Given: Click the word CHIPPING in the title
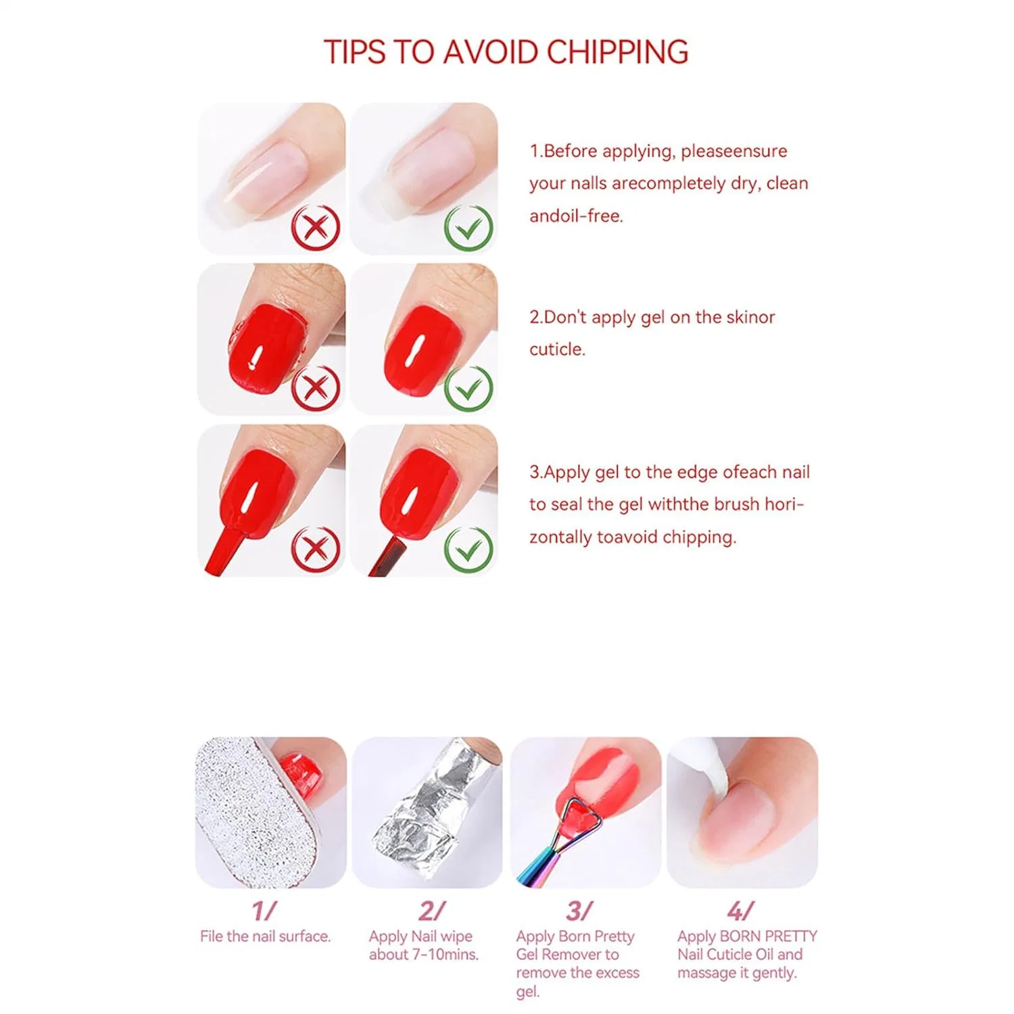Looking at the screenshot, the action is click(617, 52).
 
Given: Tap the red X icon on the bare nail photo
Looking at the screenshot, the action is click(316, 227).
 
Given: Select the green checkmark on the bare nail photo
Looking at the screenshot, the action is click(468, 227).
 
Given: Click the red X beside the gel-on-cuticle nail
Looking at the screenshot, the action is click(316, 387).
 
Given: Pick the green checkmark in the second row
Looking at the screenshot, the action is click(468, 387).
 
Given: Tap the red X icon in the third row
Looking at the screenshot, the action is click(316, 549).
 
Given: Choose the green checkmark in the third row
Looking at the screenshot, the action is click(468, 549).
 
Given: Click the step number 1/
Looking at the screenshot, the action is click(264, 911).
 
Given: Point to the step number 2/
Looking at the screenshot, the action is click(431, 911).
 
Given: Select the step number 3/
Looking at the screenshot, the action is click(579, 911).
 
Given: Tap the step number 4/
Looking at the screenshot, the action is click(741, 911).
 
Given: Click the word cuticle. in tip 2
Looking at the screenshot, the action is click(557, 349).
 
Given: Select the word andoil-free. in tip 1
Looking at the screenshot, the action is click(576, 216).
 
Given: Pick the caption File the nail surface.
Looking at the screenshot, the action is click(265, 936).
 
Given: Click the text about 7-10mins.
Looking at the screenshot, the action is click(424, 955).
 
